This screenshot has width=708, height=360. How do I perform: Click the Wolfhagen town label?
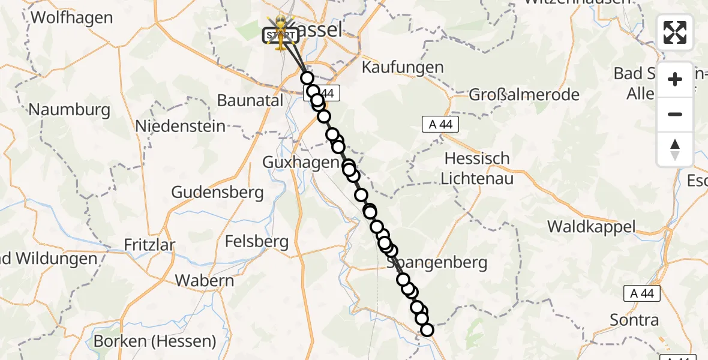[x=71, y=17]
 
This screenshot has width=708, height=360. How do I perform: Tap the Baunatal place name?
[x=250, y=100]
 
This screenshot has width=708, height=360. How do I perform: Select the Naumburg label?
[x=70, y=110]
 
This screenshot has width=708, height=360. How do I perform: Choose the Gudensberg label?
[x=217, y=193]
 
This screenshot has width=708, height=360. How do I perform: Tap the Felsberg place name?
[x=257, y=242]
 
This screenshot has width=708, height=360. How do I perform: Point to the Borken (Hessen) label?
[x=155, y=341]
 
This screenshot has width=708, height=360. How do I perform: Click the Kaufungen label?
[x=403, y=67]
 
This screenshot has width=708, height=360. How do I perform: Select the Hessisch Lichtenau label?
[x=478, y=169]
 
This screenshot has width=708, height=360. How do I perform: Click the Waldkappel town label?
[x=591, y=227]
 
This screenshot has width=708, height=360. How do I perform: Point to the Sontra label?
[x=634, y=320]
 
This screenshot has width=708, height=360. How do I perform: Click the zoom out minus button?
[x=675, y=114]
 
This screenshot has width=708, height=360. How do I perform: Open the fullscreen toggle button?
[x=675, y=32]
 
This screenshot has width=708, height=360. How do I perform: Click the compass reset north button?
[x=675, y=149]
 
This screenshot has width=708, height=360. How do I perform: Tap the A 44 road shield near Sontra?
[x=642, y=294]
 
